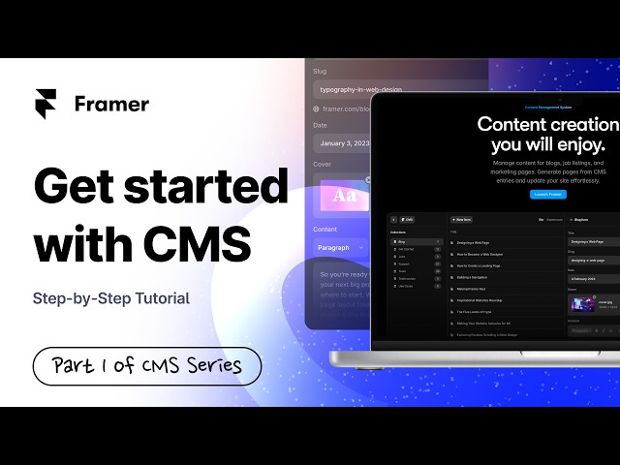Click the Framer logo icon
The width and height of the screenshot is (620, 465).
click(x=46, y=104)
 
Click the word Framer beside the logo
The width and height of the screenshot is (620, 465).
click(x=111, y=104)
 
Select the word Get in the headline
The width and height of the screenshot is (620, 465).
click(x=76, y=185)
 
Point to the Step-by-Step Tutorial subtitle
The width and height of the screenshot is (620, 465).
click(x=110, y=297)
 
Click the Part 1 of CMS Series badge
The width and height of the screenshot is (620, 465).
click(x=147, y=366)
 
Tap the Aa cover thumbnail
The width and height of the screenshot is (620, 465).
click(x=342, y=197)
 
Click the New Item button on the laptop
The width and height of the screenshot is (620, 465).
click(x=460, y=220)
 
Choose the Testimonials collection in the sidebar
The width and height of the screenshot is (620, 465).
click(x=409, y=278)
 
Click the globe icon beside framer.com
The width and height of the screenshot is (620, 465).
click(x=317, y=109)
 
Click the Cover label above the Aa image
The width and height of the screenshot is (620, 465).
click(x=323, y=165)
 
